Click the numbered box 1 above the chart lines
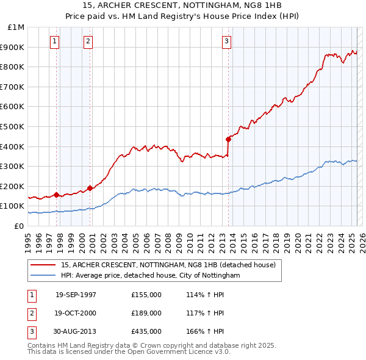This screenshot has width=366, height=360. [55, 41]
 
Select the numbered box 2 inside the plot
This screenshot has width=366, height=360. [88, 41]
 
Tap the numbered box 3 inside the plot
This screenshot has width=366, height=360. [226, 41]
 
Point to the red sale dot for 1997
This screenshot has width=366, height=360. [57, 195]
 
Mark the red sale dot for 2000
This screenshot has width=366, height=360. [90, 188]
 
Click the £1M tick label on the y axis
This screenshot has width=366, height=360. [16, 27]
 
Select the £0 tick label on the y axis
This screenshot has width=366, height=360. [19, 226]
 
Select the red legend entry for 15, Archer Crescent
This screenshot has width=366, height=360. [168, 265]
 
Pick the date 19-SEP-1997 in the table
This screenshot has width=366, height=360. [76, 295]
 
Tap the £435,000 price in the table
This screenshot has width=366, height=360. [146, 331]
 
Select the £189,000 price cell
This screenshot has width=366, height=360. [146, 313]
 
